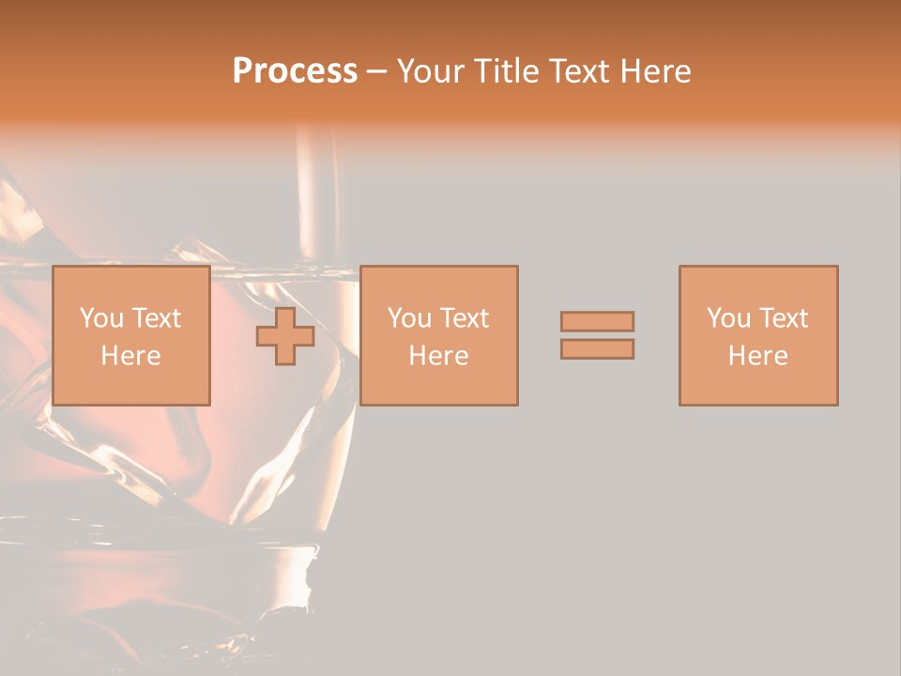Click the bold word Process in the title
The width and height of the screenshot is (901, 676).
pyautogui.click(x=295, y=71)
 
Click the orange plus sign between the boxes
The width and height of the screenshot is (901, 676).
pyautogui.click(x=285, y=336)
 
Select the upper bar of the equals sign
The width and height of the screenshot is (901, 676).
pyautogui.click(x=597, y=321)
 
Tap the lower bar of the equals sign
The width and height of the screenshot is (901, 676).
pyautogui.click(x=597, y=349)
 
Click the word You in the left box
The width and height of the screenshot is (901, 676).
pyautogui.click(x=100, y=318)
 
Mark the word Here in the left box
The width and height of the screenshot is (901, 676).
pyautogui.click(x=130, y=356)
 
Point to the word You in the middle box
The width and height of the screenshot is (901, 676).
pyautogui.click(x=409, y=318)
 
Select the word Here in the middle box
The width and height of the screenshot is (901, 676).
pyautogui.click(x=438, y=356)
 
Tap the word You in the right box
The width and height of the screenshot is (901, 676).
pyautogui.click(x=728, y=318)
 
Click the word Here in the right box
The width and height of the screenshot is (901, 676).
pyautogui.click(x=757, y=356)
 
